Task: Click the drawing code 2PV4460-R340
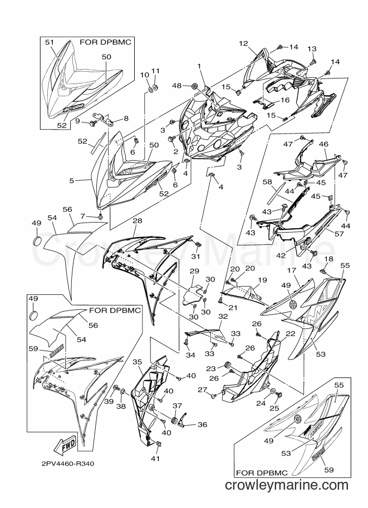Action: (68, 464)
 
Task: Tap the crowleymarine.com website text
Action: (286, 485)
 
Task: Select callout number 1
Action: (199, 66)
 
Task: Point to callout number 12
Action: (243, 43)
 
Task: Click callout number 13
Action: (312, 48)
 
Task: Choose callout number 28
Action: (138, 221)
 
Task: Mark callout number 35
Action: (138, 362)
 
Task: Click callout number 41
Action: (156, 458)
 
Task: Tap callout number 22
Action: (291, 334)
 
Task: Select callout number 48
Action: (176, 86)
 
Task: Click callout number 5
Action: (72, 180)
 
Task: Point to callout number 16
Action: (285, 100)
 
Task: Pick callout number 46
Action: (323, 144)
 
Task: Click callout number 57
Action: (338, 233)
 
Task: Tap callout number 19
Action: (262, 279)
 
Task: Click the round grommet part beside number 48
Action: (194, 86)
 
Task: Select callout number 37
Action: (178, 406)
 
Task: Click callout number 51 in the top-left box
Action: (49, 42)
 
